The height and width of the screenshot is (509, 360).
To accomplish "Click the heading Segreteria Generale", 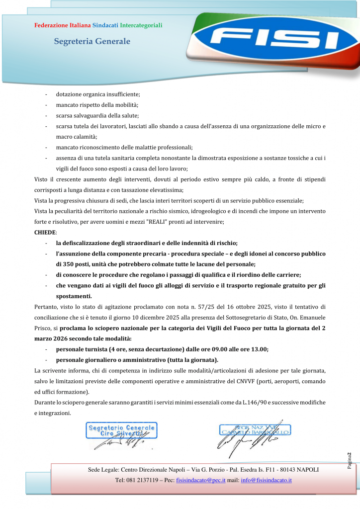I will coord(92,42).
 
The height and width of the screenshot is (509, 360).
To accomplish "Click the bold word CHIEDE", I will coord(45,232).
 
